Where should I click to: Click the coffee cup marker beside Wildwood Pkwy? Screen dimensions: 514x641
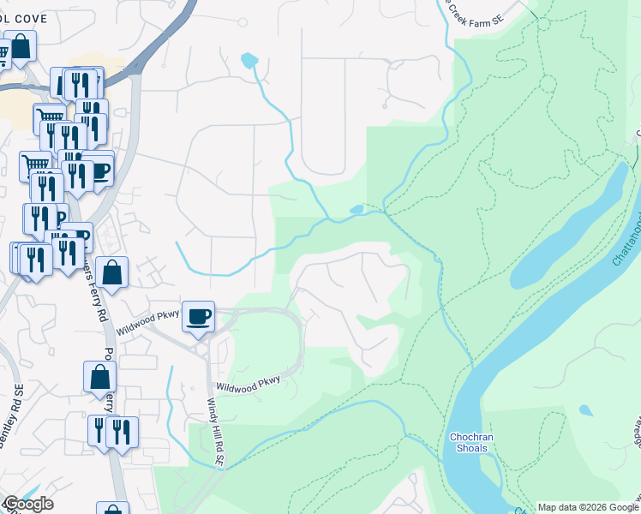click(x=198, y=318)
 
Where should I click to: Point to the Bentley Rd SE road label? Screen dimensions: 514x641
click(x=17, y=409)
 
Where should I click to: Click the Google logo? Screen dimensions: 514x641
click(x=28, y=504)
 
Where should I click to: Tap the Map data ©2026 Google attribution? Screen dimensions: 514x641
click(x=588, y=507)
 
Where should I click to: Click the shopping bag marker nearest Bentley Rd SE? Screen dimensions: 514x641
click(x=100, y=377)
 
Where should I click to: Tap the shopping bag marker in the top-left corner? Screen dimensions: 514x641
click(x=21, y=47)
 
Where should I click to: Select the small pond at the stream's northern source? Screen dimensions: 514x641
click(x=249, y=60)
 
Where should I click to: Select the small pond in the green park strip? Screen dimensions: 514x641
click(x=356, y=209)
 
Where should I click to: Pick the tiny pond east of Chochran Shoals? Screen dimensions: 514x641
click(x=585, y=410)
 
